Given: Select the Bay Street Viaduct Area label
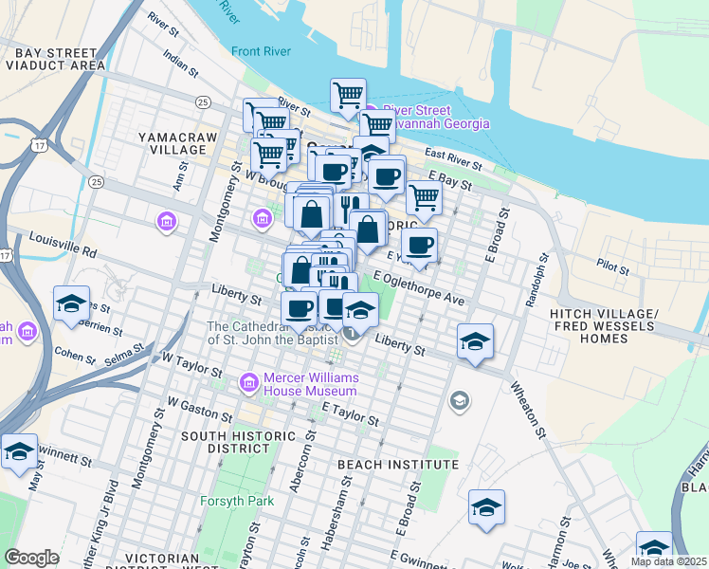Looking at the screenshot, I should coord(54,59).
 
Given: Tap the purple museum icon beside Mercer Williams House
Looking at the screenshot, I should coord(249,382).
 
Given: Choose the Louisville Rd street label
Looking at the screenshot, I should coord(64,246).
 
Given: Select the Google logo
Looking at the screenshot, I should coord(31,558).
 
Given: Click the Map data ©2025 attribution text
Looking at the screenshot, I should coord(668,561).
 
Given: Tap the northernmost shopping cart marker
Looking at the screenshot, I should coord(349,95).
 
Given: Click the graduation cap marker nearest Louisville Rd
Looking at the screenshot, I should coord(72,304).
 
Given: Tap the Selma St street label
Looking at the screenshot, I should coord(124,358).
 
